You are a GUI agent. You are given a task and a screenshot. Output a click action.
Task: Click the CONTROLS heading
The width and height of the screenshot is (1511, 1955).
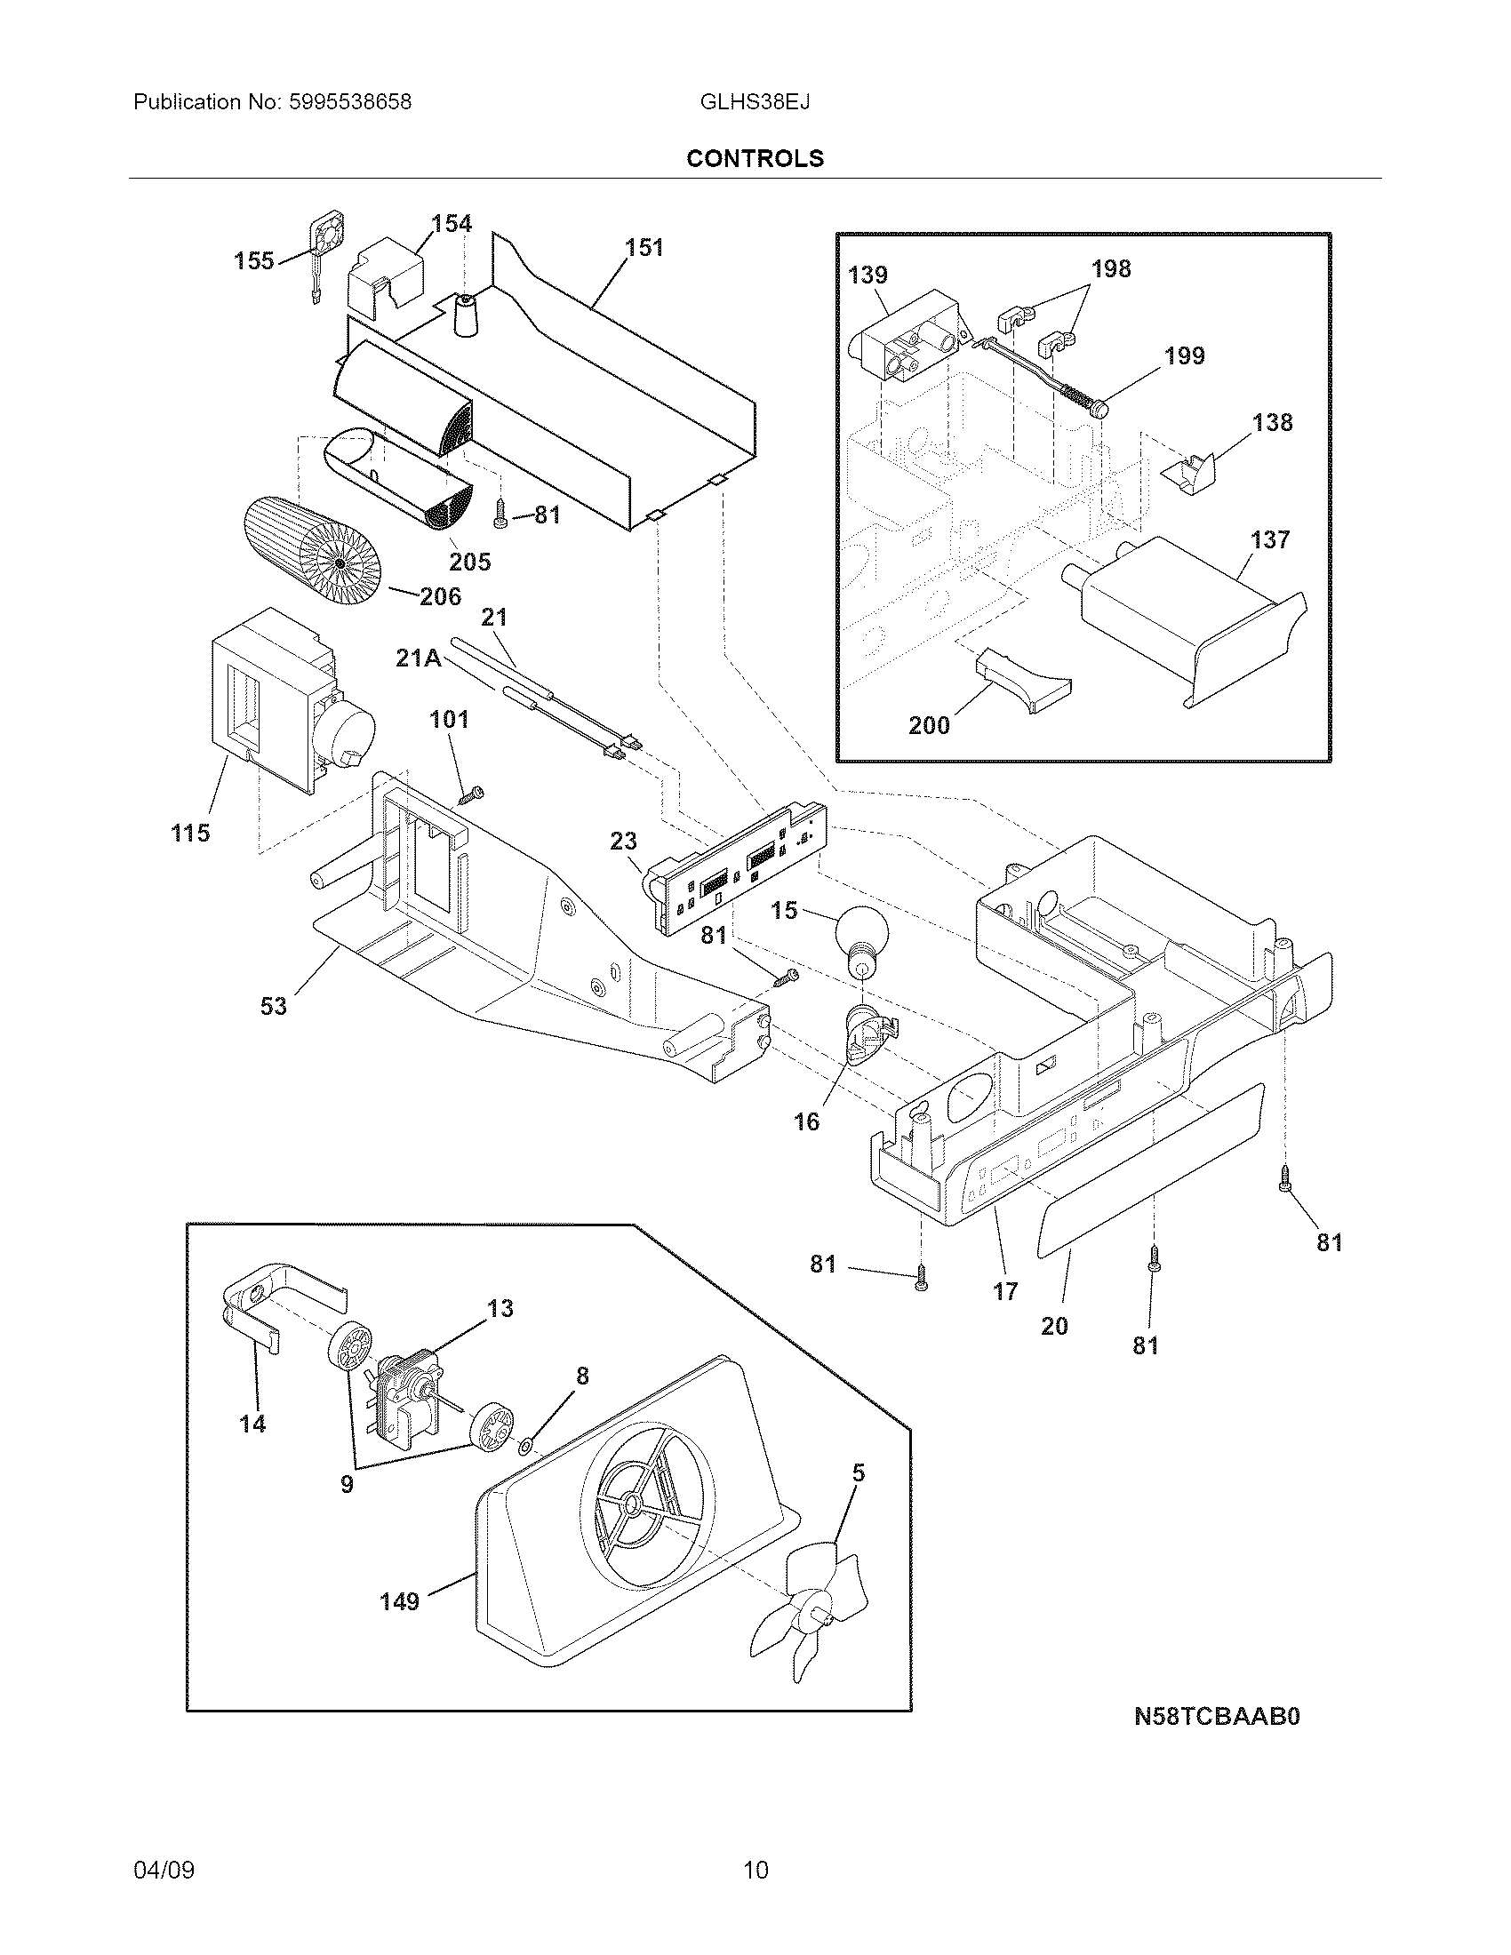coord(755,158)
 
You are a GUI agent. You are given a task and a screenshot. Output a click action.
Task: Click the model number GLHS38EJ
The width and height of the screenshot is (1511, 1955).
coord(755,102)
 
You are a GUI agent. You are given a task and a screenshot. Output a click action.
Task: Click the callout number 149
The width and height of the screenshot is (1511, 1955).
coord(399,1601)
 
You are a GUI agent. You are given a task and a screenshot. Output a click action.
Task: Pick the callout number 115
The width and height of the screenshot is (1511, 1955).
coord(190,834)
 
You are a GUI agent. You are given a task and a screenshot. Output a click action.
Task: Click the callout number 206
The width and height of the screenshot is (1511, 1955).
coord(440,596)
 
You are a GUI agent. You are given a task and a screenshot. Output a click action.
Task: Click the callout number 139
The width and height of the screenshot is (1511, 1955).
coord(867,275)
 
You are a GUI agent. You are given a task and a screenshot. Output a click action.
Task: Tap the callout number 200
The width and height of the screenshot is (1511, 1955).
coord(929,725)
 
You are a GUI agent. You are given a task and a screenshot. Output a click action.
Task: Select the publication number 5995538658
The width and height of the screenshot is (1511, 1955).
coord(350,102)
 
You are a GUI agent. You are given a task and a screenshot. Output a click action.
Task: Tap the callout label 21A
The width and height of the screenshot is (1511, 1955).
coord(417,658)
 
